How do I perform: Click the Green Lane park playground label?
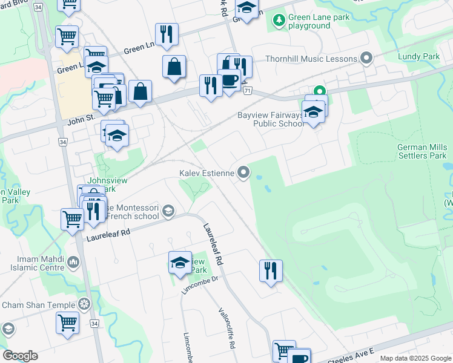point(319,22)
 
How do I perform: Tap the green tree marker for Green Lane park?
point(279,21)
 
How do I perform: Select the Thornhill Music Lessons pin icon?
point(366,59)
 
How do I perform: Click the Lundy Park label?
point(418,56)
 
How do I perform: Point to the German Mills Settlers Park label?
point(422,151)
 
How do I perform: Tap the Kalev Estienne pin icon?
point(244,174)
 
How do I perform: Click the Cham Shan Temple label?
point(38,306)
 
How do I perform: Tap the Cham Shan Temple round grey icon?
point(85,304)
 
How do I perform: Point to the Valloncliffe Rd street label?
point(226,329)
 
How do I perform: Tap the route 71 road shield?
point(247,90)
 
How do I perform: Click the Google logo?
point(20,356)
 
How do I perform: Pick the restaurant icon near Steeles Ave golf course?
point(271,269)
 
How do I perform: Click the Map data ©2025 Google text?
point(415,358)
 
